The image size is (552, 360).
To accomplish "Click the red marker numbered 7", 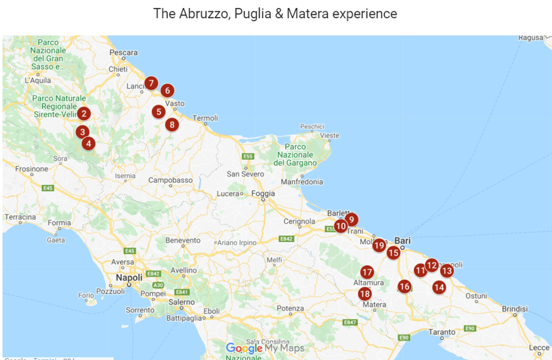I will click(x=151, y=83).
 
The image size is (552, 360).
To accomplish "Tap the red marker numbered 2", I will click(x=83, y=113).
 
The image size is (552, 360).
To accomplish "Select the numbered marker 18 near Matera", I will click(x=365, y=293).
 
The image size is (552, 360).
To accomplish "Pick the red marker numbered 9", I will click(x=351, y=219).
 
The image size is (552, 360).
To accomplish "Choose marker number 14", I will click(x=439, y=287).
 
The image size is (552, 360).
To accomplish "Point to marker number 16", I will click(x=405, y=286).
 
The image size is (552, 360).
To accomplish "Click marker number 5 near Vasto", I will click(x=159, y=112).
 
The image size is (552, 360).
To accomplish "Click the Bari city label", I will click(x=403, y=241).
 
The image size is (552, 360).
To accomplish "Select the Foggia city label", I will click(x=263, y=193).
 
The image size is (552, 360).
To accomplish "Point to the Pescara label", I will click(x=123, y=53).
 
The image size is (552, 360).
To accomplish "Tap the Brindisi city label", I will click(x=515, y=308).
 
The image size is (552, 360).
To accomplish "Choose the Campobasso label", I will click(x=171, y=180).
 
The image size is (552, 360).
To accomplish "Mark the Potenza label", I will click(x=291, y=308).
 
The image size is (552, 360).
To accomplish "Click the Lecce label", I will click(x=539, y=348).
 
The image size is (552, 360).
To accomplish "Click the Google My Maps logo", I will click(x=265, y=348).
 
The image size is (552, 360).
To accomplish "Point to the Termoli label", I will click(x=206, y=118).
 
